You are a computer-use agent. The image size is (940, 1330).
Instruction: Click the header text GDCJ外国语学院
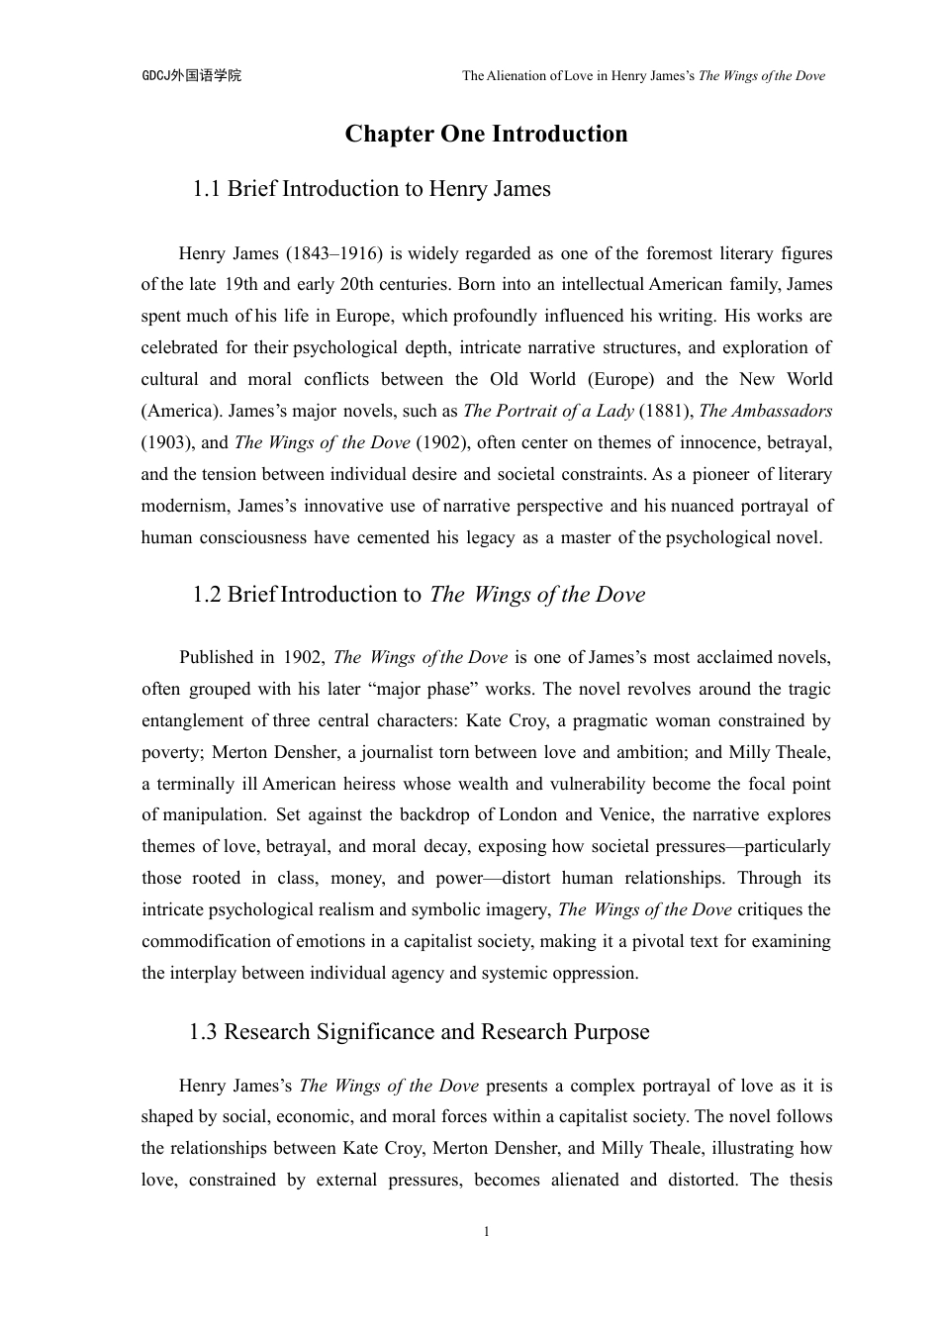(192, 75)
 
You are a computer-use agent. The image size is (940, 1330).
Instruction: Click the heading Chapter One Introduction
(486, 134)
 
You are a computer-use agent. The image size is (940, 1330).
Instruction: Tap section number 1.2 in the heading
(207, 595)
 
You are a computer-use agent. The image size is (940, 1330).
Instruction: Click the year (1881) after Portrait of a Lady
(667, 411)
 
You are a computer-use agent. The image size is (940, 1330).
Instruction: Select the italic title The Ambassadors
(765, 411)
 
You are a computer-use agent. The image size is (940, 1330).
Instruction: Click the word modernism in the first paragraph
(185, 506)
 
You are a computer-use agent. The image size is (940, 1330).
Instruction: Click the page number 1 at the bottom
(486, 1232)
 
